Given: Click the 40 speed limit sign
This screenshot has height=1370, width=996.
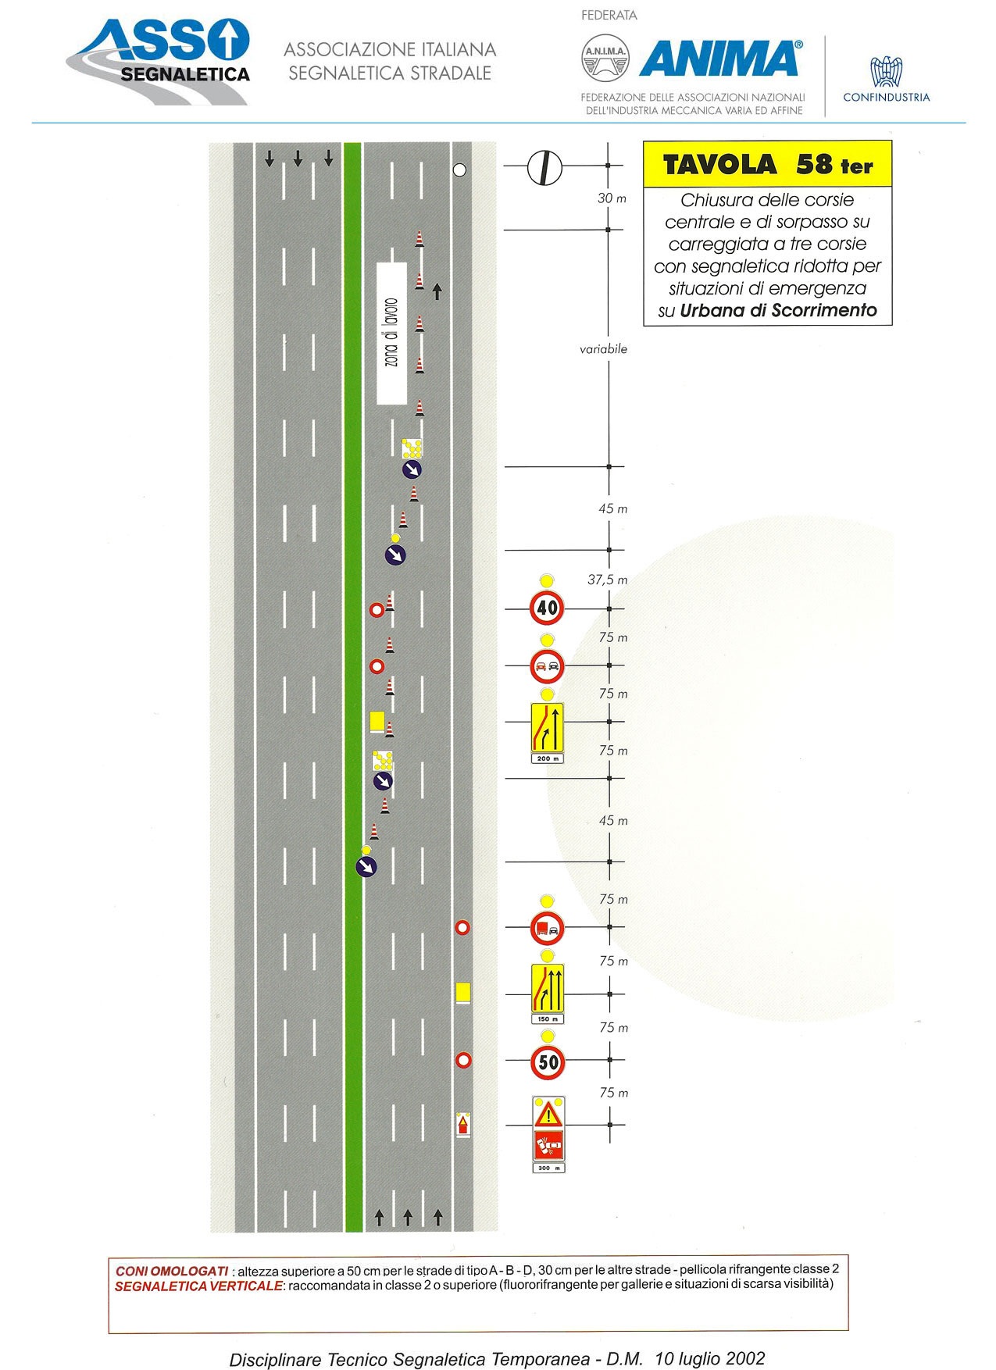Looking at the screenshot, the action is click(x=547, y=608).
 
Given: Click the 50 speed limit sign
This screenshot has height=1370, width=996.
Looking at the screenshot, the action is click(x=548, y=1061).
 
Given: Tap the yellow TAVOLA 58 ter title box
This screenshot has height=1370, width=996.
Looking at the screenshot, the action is click(x=767, y=164).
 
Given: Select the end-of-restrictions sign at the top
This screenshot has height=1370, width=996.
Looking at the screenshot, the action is click(x=544, y=167).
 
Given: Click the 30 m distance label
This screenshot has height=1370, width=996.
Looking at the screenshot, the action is click(x=612, y=198).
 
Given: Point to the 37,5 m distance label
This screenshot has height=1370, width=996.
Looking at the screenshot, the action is click(x=607, y=580).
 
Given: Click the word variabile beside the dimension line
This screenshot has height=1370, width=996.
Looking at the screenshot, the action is click(x=603, y=349).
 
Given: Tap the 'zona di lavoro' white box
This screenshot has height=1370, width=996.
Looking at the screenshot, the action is click(x=391, y=333).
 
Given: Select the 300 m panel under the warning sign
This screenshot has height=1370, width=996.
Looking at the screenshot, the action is click(x=548, y=1168).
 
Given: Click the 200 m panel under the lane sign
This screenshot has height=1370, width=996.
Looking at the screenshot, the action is click(x=547, y=758).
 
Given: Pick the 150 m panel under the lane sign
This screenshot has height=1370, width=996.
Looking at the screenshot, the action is click(x=547, y=1019).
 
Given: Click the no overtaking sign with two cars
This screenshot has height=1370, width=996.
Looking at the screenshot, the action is click(x=547, y=666).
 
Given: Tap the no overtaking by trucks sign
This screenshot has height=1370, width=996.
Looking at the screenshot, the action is click(x=547, y=928).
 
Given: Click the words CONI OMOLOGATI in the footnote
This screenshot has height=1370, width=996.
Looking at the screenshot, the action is click(x=172, y=1271).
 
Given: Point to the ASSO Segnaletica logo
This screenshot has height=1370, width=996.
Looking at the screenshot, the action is click(x=160, y=61).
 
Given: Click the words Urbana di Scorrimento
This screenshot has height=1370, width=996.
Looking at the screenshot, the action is click(x=778, y=310).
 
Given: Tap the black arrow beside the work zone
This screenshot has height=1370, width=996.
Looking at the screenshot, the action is click(x=437, y=291).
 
